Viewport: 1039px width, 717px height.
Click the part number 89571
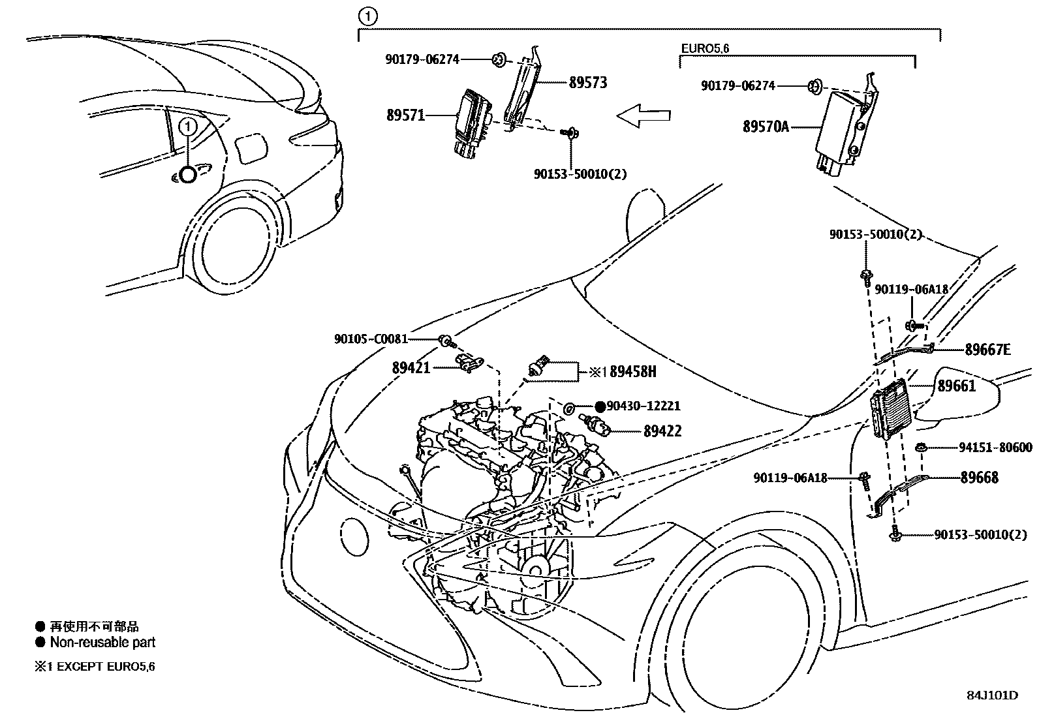click(x=405, y=115)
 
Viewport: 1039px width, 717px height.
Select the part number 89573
click(x=587, y=82)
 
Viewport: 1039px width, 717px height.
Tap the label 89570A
click(x=766, y=127)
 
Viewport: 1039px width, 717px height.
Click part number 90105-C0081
click(x=371, y=339)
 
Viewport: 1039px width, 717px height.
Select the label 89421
click(x=411, y=367)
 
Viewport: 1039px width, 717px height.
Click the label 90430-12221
click(x=644, y=406)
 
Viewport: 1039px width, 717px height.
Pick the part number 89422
click(x=662, y=431)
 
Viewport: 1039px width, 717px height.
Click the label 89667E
click(x=987, y=350)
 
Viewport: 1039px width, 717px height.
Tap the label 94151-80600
click(x=995, y=448)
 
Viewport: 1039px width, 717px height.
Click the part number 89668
click(x=979, y=478)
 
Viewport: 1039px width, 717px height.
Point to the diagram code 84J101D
click(x=992, y=695)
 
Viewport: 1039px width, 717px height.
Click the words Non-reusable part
click(x=102, y=642)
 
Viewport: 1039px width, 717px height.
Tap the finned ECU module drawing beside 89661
click(x=889, y=409)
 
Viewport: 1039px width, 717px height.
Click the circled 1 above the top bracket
click(x=368, y=16)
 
